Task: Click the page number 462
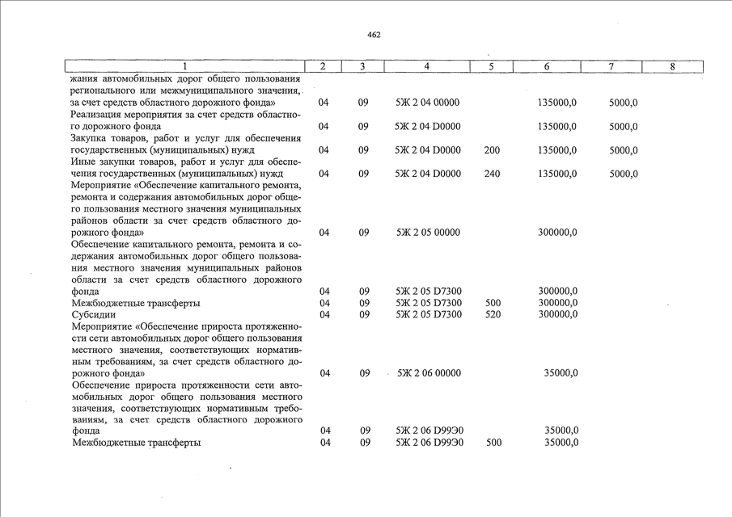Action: click(373, 35)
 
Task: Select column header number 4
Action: click(426, 66)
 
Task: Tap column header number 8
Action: click(672, 66)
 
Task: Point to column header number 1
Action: click(184, 66)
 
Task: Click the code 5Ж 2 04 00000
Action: click(427, 103)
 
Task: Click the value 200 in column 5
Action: click(491, 150)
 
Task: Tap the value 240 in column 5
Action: click(491, 174)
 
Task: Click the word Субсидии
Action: click(93, 314)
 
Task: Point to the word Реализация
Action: click(99, 115)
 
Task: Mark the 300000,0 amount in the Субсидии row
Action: click(557, 314)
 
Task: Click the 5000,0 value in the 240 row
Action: click(623, 174)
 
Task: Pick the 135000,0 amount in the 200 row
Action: click(557, 150)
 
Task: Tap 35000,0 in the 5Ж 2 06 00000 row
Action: click(561, 373)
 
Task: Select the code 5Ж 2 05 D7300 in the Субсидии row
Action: click(428, 314)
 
